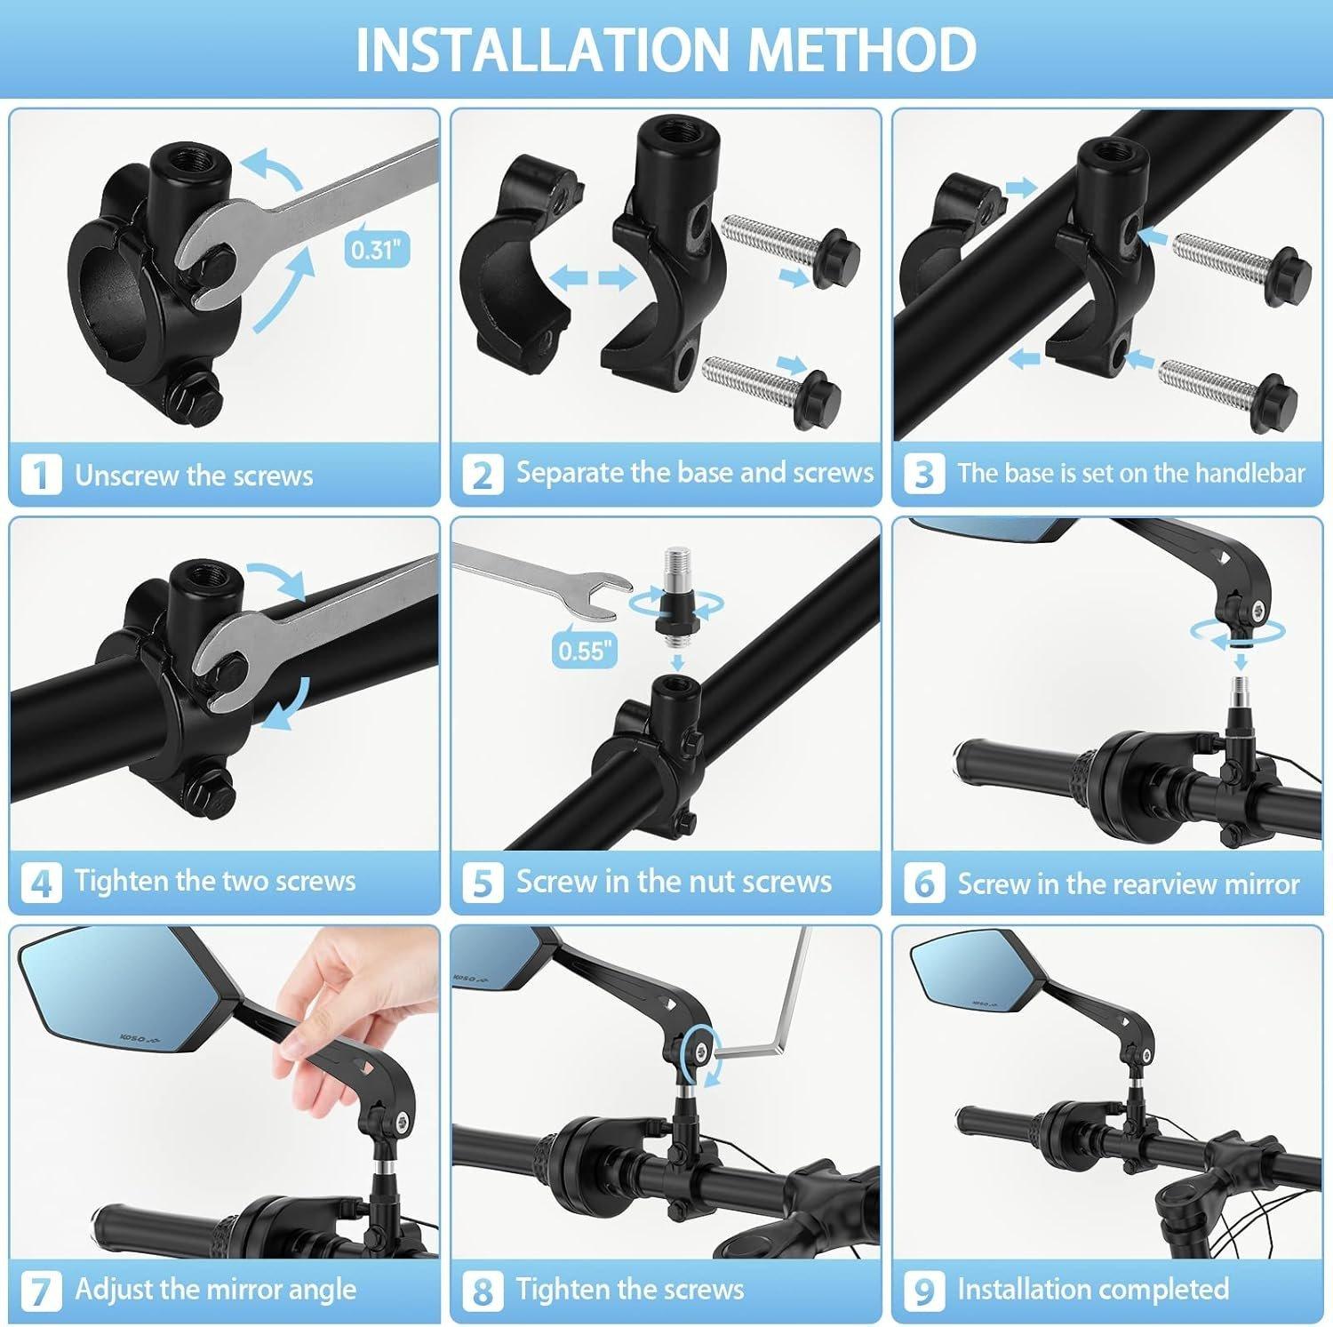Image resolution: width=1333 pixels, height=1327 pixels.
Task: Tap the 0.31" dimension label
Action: [377, 249]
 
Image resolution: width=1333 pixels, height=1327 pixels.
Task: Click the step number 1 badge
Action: [40, 475]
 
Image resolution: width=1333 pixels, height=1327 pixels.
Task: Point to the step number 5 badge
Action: [482, 883]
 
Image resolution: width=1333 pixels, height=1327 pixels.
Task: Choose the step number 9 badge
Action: [923, 1290]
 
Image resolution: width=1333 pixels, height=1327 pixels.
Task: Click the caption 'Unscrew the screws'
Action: [194, 476]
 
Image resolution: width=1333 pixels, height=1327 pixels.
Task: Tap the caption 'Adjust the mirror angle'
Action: [215, 1289]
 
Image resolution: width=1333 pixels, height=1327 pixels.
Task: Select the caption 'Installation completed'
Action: [1092, 1289]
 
